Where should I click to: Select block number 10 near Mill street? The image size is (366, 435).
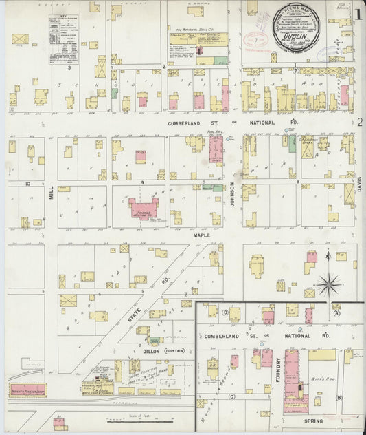pos(28,184)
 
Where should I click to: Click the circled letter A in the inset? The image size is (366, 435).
pos(336,312)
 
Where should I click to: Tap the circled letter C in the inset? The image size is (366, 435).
pos(232,396)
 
